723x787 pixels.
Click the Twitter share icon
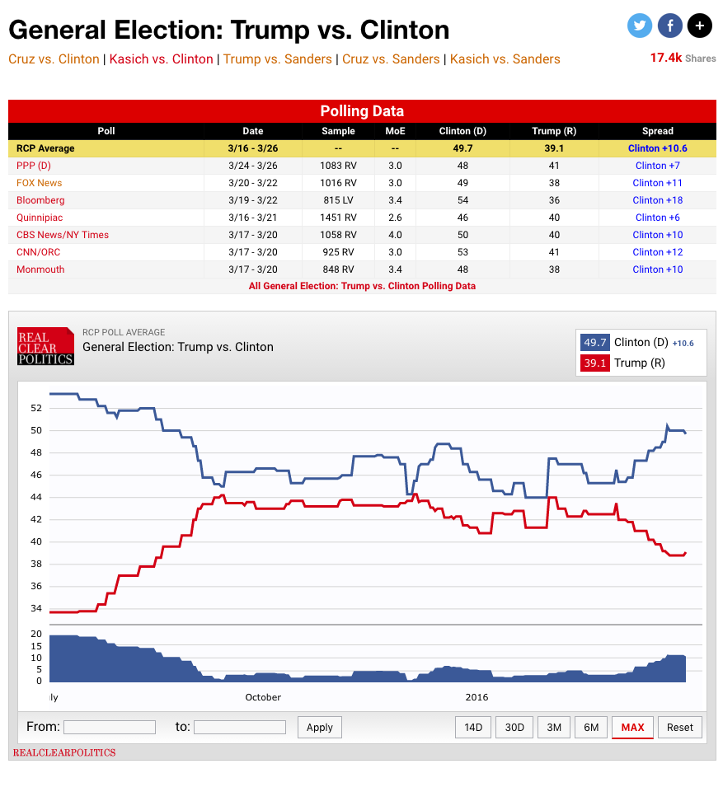pyautogui.click(x=640, y=26)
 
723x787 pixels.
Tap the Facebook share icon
pyautogui.click(x=669, y=26)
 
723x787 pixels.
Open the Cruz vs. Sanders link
pyautogui.click(x=391, y=59)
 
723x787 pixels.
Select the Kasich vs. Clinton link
pyautogui.click(x=161, y=59)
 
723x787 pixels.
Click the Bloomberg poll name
pyautogui.click(x=40, y=200)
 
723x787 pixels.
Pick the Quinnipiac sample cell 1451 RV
pyautogui.click(x=338, y=218)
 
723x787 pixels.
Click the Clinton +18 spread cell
pyautogui.click(x=657, y=200)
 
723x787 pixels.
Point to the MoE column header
pyautogui.click(x=395, y=131)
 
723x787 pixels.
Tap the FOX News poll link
pyautogui.click(x=39, y=183)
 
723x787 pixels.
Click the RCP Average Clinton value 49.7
pyautogui.click(x=462, y=148)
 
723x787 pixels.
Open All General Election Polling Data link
pyautogui.click(x=362, y=286)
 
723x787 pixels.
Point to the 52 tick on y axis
pyautogui.click(x=35, y=407)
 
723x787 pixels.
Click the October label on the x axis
pyautogui.click(x=263, y=697)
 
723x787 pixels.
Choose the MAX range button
pyautogui.click(x=632, y=727)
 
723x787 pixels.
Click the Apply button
pyautogui.click(x=319, y=727)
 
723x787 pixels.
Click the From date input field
pyautogui.click(x=109, y=727)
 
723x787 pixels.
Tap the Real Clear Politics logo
pyautogui.click(x=46, y=346)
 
